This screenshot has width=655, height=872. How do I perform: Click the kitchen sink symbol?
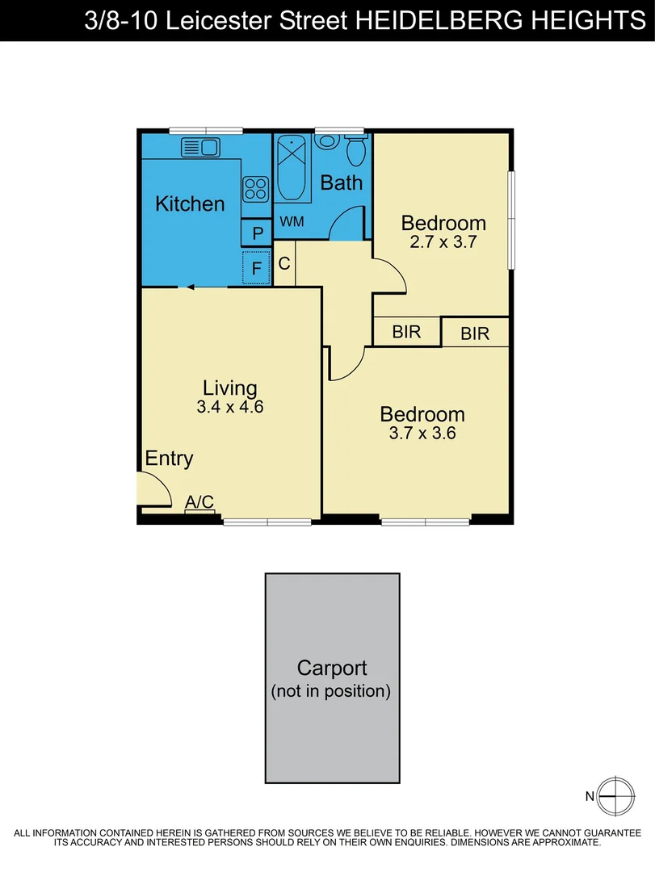(x=201, y=147)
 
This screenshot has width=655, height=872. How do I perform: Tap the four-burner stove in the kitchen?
(x=255, y=189)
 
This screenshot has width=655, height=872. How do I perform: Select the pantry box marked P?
(x=258, y=234)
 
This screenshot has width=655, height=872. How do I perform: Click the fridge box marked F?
(x=257, y=268)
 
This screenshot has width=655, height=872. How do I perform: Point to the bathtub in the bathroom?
(x=292, y=170)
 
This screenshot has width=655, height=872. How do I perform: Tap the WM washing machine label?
(x=292, y=221)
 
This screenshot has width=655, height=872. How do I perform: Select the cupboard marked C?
(x=284, y=263)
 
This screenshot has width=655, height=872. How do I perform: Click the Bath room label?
(x=341, y=182)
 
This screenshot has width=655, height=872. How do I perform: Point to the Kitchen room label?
(x=190, y=203)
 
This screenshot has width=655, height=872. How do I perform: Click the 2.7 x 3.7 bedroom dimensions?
(x=443, y=241)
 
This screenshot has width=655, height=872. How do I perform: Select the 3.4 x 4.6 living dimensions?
(x=230, y=407)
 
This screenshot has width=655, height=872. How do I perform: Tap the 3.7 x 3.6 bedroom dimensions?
(x=422, y=433)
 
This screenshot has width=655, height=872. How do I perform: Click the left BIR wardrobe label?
(x=406, y=331)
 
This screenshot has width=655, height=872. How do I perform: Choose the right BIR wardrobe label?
(x=475, y=333)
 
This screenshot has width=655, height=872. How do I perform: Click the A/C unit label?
(x=199, y=502)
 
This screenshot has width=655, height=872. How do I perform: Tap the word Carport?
(x=332, y=669)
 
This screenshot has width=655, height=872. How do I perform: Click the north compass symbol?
(x=614, y=796)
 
